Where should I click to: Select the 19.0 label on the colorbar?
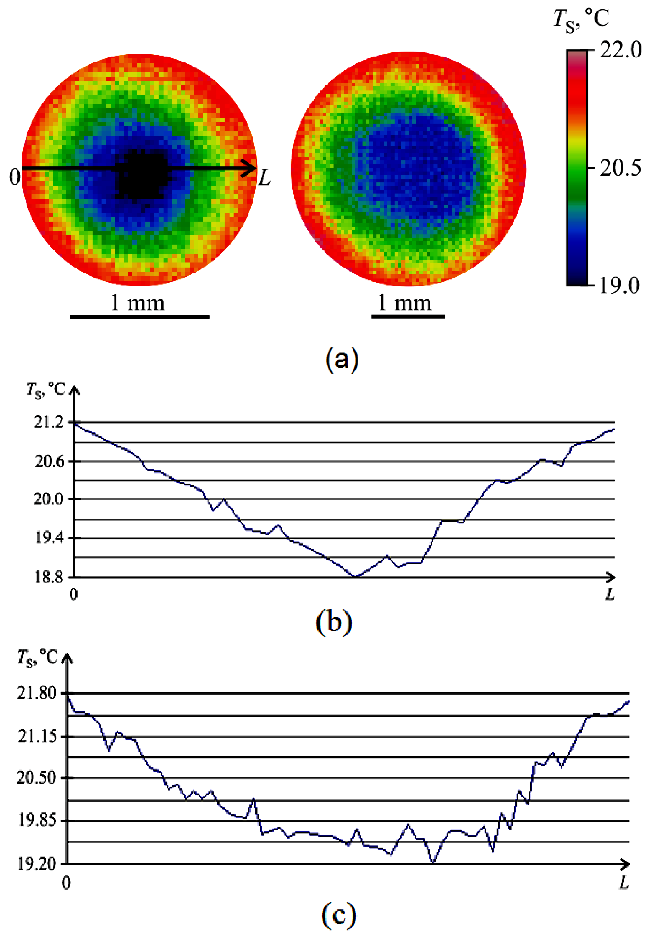tap(619, 286)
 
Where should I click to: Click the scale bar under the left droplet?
tap(140, 316)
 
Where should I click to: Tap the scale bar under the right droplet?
tap(408, 316)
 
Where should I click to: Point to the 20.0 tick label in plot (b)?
tap(49, 499)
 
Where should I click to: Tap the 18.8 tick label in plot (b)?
tap(49, 577)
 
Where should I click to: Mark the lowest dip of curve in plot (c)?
tap(433, 863)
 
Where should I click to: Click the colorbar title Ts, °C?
tap(581, 19)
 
